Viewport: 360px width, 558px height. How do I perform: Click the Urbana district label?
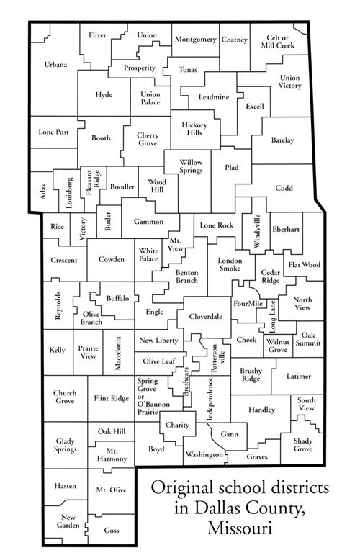(x=55, y=65)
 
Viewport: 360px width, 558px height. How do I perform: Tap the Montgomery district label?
(x=195, y=39)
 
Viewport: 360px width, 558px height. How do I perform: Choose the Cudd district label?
(x=284, y=188)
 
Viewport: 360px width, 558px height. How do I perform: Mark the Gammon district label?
(x=147, y=222)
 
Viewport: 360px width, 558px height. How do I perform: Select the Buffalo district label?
(x=117, y=297)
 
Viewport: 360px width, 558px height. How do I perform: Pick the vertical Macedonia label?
(x=117, y=354)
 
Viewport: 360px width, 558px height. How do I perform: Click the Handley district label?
(x=261, y=410)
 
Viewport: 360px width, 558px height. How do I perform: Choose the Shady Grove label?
(x=303, y=444)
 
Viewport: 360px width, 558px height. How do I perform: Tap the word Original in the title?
(x=182, y=489)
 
